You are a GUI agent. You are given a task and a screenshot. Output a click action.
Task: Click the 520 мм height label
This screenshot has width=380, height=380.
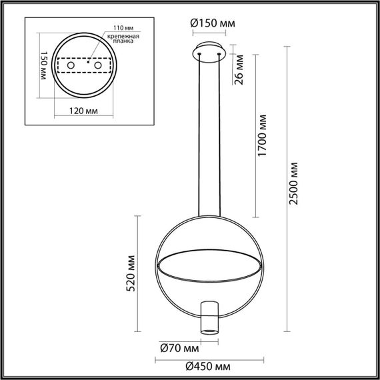(x=131, y=273)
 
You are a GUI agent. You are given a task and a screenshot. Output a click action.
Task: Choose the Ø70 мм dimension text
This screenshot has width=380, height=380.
(x=180, y=347)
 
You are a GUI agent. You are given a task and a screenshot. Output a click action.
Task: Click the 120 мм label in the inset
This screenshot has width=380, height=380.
(x=82, y=111)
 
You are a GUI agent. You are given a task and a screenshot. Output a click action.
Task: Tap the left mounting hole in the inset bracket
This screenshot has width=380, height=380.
(x=65, y=67)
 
